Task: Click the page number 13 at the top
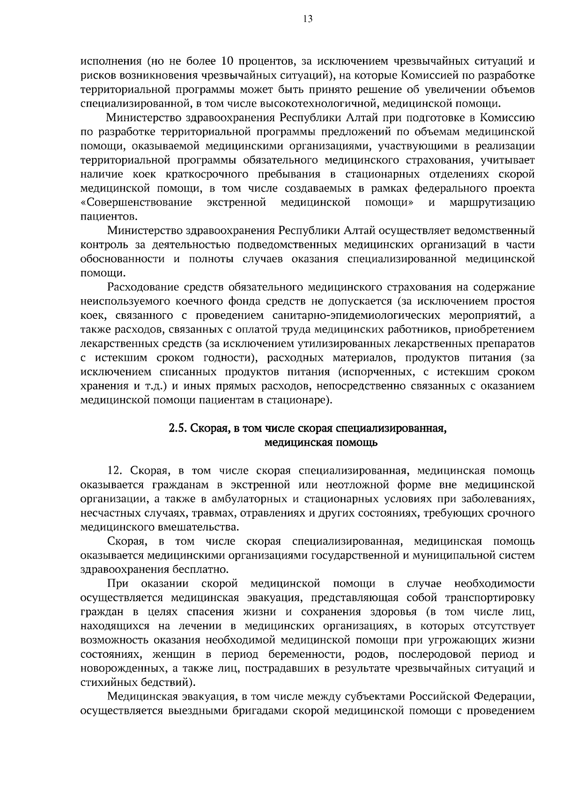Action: click(x=308, y=19)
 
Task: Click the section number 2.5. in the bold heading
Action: click(x=178, y=428)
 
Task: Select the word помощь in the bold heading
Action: click(x=358, y=442)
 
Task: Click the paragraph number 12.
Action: click(x=117, y=471)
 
